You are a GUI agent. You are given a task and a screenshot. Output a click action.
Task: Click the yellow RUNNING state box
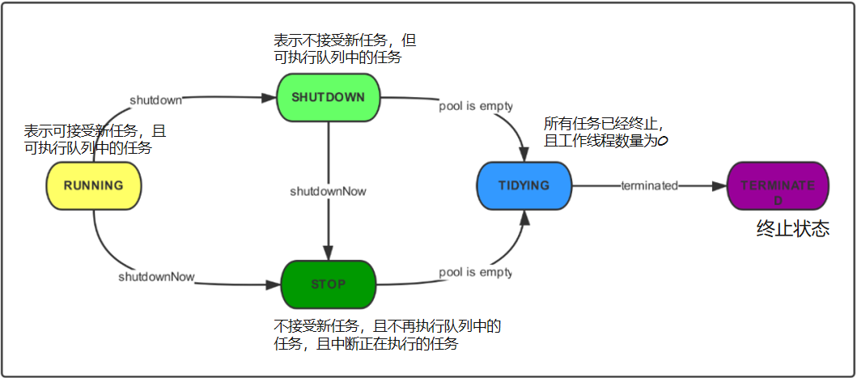pos(94,185)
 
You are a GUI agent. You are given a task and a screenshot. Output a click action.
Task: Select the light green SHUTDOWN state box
pos(328,97)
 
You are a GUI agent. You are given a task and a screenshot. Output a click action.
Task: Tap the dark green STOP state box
pos(328,284)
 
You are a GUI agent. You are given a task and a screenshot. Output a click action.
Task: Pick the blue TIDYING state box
pos(524,185)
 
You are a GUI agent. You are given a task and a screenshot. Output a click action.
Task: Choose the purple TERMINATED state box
pos(778,185)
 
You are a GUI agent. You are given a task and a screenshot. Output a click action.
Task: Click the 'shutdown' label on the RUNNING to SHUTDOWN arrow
pos(155,100)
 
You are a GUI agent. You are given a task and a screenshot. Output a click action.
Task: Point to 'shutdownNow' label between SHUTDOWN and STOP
pos(328,192)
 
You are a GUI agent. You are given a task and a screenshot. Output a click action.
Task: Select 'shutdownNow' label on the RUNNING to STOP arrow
pos(156,277)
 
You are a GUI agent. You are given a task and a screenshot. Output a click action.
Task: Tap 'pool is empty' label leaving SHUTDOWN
pos(475,105)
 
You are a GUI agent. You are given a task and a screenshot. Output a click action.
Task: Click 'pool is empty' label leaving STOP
pos(475,272)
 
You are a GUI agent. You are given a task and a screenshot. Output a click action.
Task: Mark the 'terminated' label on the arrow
pos(648,185)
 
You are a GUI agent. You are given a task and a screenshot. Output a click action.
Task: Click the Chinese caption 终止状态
pos(792,229)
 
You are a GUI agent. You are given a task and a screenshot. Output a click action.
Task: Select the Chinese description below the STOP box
pos(388,335)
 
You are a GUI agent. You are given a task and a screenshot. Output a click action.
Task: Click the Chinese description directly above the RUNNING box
pos(95,139)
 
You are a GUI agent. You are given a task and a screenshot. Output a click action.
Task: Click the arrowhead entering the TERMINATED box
pos(719,185)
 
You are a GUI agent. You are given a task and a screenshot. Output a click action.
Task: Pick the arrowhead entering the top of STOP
pos(328,253)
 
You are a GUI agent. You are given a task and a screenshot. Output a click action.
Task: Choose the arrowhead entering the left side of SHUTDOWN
pos(269,98)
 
